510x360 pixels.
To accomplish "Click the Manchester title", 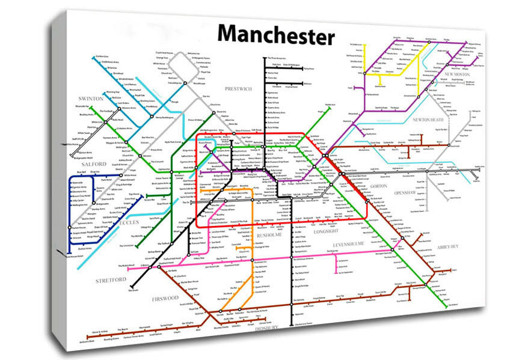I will point(275,35).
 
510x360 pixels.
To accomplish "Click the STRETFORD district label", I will point(111,280).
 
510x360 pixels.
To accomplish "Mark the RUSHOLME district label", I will point(269,235).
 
